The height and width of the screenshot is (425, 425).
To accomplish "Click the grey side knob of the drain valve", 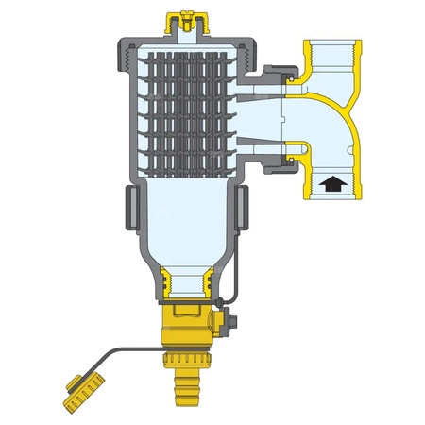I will (224, 324).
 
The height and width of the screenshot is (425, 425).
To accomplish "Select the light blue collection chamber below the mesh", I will (185, 227).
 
